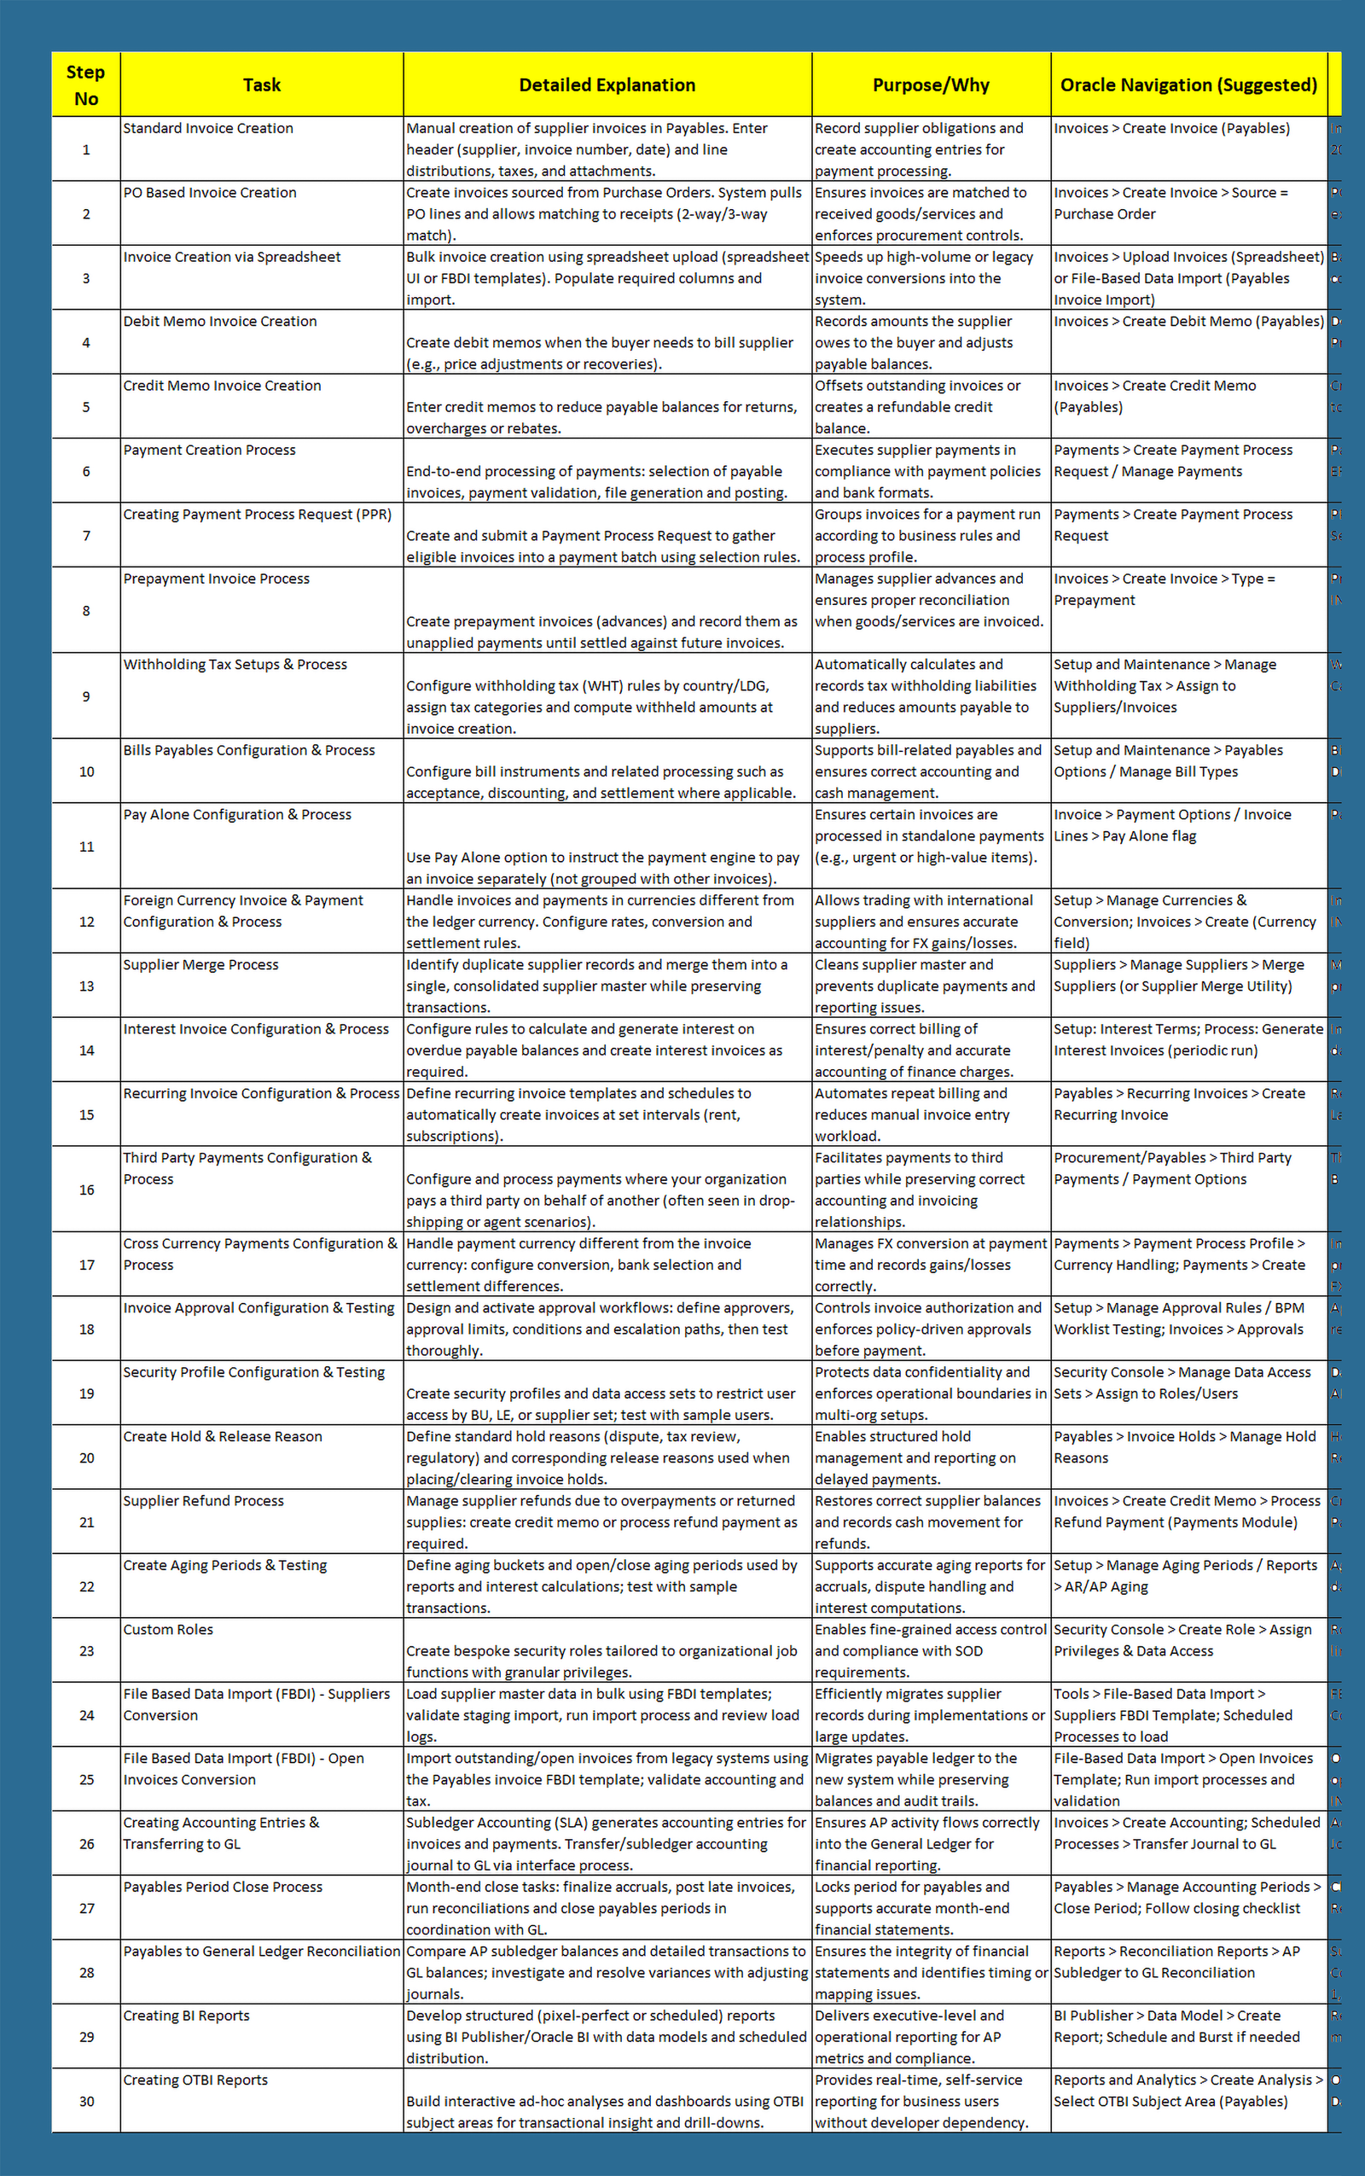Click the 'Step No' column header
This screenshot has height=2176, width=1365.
point(86,84)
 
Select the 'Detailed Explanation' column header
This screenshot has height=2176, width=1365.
point(607,84)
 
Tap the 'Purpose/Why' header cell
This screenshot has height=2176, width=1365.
point(931,84)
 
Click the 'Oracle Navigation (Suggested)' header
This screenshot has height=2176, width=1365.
point(1188,84)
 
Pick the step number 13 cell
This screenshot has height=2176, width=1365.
point(87,986)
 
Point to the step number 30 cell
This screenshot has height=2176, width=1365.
point(87,2101)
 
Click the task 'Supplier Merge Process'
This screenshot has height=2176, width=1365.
point(200,965)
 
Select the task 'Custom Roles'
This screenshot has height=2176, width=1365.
point(169,1630)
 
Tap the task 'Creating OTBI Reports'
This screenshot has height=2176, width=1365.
point(196,2080)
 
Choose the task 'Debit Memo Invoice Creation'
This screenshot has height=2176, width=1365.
point(220,322)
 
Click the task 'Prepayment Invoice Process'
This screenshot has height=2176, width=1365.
point(217,579)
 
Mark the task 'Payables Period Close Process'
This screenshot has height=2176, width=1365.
point(223,1887)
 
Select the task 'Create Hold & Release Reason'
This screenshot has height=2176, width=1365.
point(223,1436)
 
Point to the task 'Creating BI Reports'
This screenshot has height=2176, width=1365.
point(187,2016)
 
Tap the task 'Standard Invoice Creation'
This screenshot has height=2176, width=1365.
point(208,128)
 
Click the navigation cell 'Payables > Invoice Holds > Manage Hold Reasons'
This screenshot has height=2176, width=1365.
point(1184,1447)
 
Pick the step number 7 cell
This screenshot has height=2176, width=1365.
point(87,535)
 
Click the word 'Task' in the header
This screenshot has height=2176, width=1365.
point(262,84)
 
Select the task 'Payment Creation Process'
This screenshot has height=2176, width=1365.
point(210,450)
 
